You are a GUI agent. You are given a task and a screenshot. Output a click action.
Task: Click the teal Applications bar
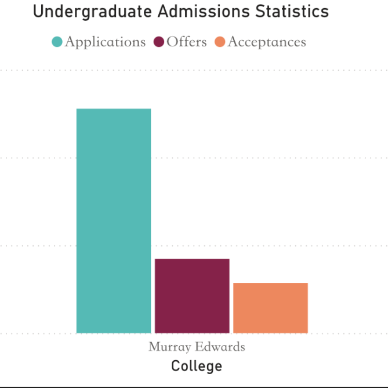coord(114,220)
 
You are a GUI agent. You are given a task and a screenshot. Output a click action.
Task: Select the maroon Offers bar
coord(192,296)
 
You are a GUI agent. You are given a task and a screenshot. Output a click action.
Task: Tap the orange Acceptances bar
coord(270,308)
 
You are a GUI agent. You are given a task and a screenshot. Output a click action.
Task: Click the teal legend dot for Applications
coord(57,42)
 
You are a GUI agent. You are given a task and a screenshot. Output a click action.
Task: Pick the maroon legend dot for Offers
coord(158,42)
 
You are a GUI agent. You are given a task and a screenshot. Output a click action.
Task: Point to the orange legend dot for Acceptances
coord(220,42)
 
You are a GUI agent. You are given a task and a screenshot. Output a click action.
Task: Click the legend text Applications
coord(105,42)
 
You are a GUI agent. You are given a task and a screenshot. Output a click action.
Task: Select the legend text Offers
coord(187,42)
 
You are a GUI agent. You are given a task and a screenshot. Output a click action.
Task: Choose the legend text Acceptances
coord(267,42)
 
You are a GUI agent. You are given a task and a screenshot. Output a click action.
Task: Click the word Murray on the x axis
coord(166,347)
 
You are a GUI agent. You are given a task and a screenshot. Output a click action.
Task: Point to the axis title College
coord(197,367)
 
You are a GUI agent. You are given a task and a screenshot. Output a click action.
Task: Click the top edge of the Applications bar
coord(114,109)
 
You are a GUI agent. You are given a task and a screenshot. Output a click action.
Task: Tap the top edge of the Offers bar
coord(192,259)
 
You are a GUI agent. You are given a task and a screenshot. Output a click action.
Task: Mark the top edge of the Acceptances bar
coord(270,284)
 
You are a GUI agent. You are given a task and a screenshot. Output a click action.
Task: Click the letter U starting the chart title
coord(38,11)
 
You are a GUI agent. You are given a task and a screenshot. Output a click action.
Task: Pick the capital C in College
coord(176,367)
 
